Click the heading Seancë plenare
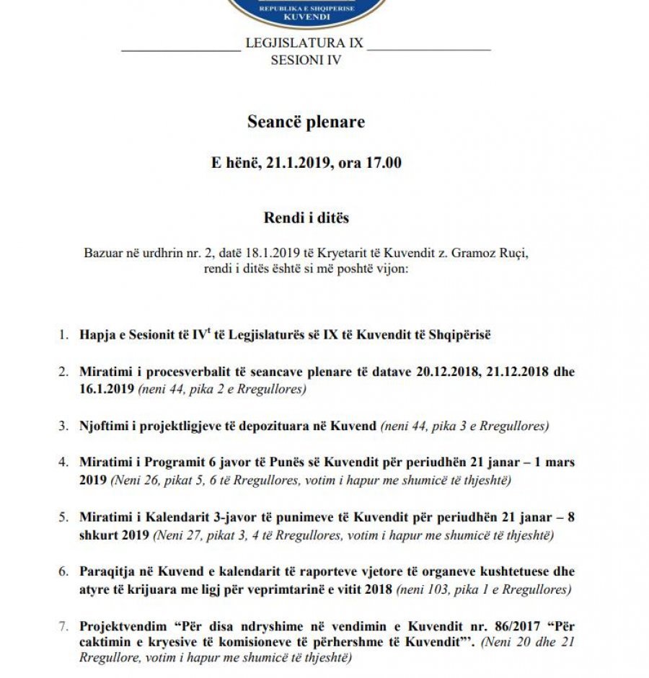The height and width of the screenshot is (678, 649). [x=306, y=122]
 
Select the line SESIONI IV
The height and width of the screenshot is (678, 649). [x=306, y=61]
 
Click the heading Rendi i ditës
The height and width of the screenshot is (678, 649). [x=306, y=218]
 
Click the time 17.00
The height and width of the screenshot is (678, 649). [x=384, y=163]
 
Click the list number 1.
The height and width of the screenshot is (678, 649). [x=63, y=335]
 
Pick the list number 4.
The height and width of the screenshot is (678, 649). [x=63, y=462]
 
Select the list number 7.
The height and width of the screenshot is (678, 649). [x=63, y=627]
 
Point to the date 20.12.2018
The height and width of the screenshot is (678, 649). [x=448, y=373]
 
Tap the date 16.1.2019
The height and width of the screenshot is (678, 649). [x=107, y=389]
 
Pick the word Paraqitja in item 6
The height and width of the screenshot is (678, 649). [x=106, y=572]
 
